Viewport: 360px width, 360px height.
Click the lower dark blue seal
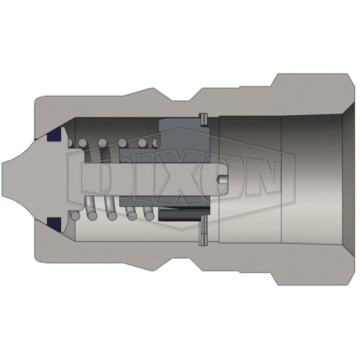[54, 225]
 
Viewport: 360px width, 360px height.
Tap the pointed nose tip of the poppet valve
[3, 179]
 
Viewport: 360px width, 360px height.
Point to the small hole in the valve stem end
[223, 179]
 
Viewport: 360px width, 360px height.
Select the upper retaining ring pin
[204, 120]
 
